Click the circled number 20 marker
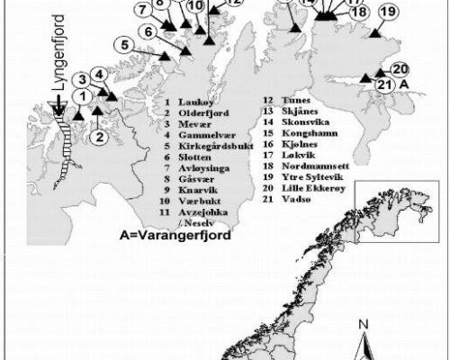[x=401, y=69]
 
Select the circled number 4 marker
[x=99, y=75]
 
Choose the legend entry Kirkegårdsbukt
[x=208, y=144]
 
